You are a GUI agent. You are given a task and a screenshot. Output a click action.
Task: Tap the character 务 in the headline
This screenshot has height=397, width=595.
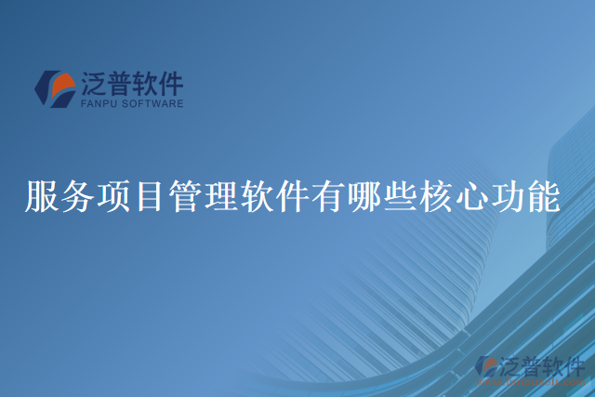pyautogui.click(x=77, y=196)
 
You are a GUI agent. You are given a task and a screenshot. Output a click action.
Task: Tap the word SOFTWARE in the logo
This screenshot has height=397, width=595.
pyautogui.click(x=152, y=104)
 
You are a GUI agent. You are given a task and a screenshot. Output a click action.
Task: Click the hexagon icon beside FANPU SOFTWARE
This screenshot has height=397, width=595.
pyautogui.click(x=55, y=89)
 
